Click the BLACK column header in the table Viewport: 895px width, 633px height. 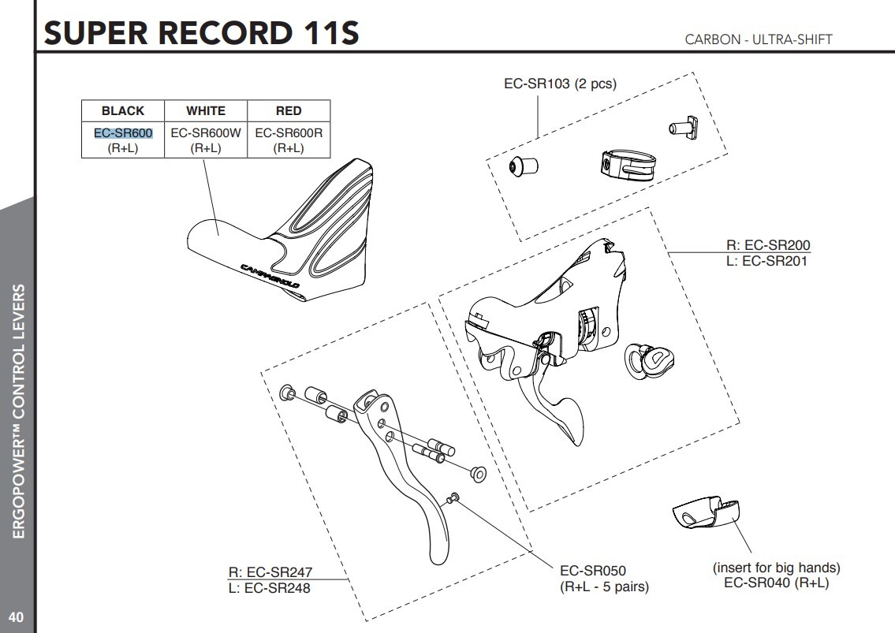point(123,111)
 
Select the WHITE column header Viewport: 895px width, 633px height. point(205,111)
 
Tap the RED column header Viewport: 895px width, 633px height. point(289,111)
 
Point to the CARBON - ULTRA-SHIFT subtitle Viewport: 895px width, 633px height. point(759,39)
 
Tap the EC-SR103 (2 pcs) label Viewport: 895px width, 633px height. point(560,84)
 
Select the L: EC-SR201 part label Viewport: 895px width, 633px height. point(767,259)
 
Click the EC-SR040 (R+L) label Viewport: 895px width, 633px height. point(776,583)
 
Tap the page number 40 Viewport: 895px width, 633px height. point(16,616)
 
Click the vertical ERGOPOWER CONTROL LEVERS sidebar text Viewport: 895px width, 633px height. point(17,410)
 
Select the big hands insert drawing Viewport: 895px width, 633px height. point(707,513)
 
